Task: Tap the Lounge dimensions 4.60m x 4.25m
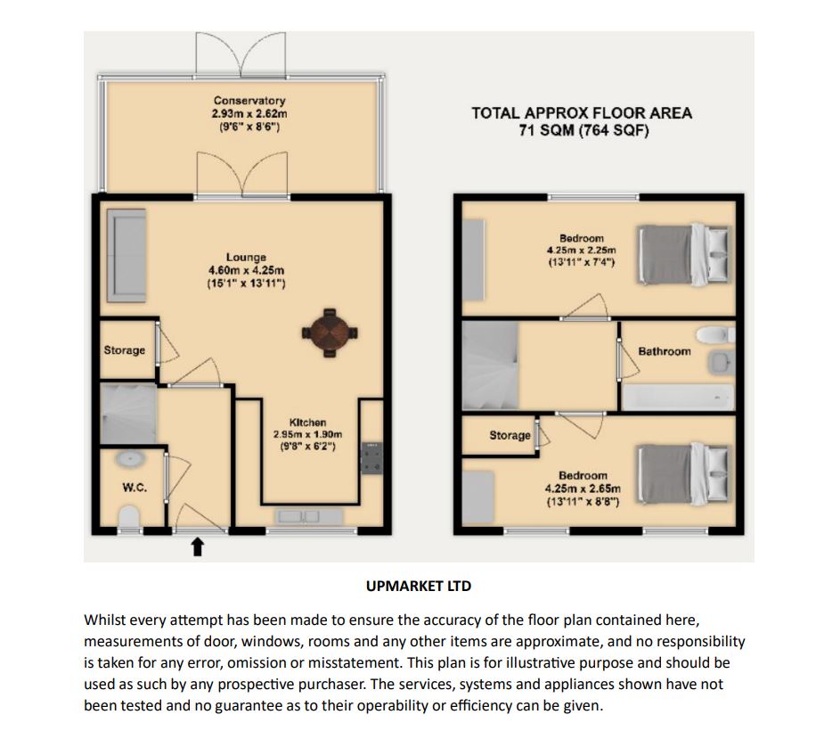(x=245, y=270)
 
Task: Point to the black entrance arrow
(x=198, y=547)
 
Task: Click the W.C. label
(x=134, y=488)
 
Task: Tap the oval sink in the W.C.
(x=131, y=460)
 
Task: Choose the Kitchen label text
(x=307, y=423)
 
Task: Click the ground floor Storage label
(x=124, y=350)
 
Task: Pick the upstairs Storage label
(x=510, y=436)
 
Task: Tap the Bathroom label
(x=664, y=352)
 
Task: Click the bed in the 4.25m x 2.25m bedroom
(x=686, y=256)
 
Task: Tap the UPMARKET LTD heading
(x=418, y=587)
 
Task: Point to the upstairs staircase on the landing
(x=491, y=365)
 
